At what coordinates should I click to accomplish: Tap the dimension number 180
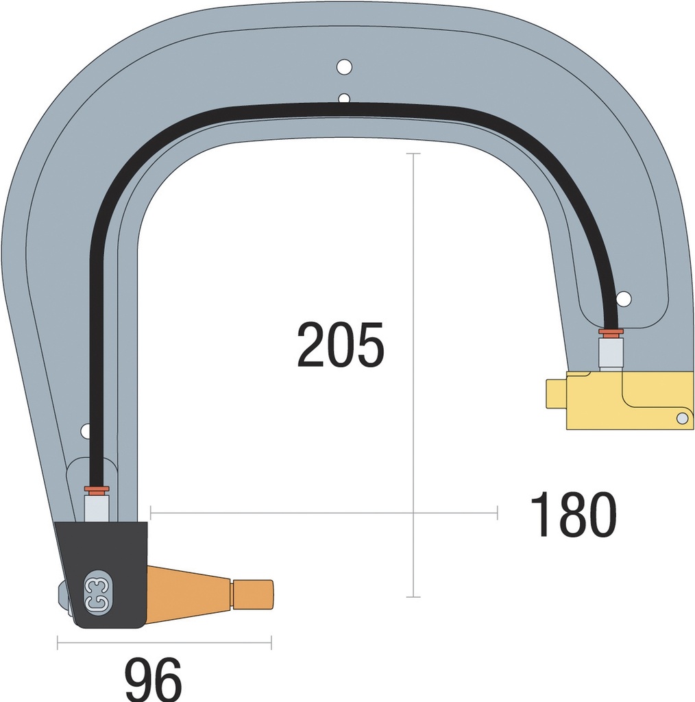(573, 515)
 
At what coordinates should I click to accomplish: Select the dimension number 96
(154, 679)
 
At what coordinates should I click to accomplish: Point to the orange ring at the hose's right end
(610, 332)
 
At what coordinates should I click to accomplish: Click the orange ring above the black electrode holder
(97, 489)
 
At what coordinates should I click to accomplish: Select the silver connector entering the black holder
(96, 507)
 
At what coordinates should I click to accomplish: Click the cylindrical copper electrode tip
(252, 594)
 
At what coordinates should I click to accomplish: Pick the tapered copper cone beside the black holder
(188, 594)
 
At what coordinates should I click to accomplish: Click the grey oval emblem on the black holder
(97, 588)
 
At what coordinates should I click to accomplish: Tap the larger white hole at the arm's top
(344, 67)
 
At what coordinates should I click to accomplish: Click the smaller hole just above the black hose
(344, 98)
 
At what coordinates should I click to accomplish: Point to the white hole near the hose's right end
(624, 299)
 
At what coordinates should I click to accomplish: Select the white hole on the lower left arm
(85, 431)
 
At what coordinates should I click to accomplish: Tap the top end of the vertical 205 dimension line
(413, 154)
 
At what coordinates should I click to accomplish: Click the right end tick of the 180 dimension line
(497, 511)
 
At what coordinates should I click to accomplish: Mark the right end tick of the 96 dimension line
(271, 642)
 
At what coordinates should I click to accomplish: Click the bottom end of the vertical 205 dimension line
(413, 597)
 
